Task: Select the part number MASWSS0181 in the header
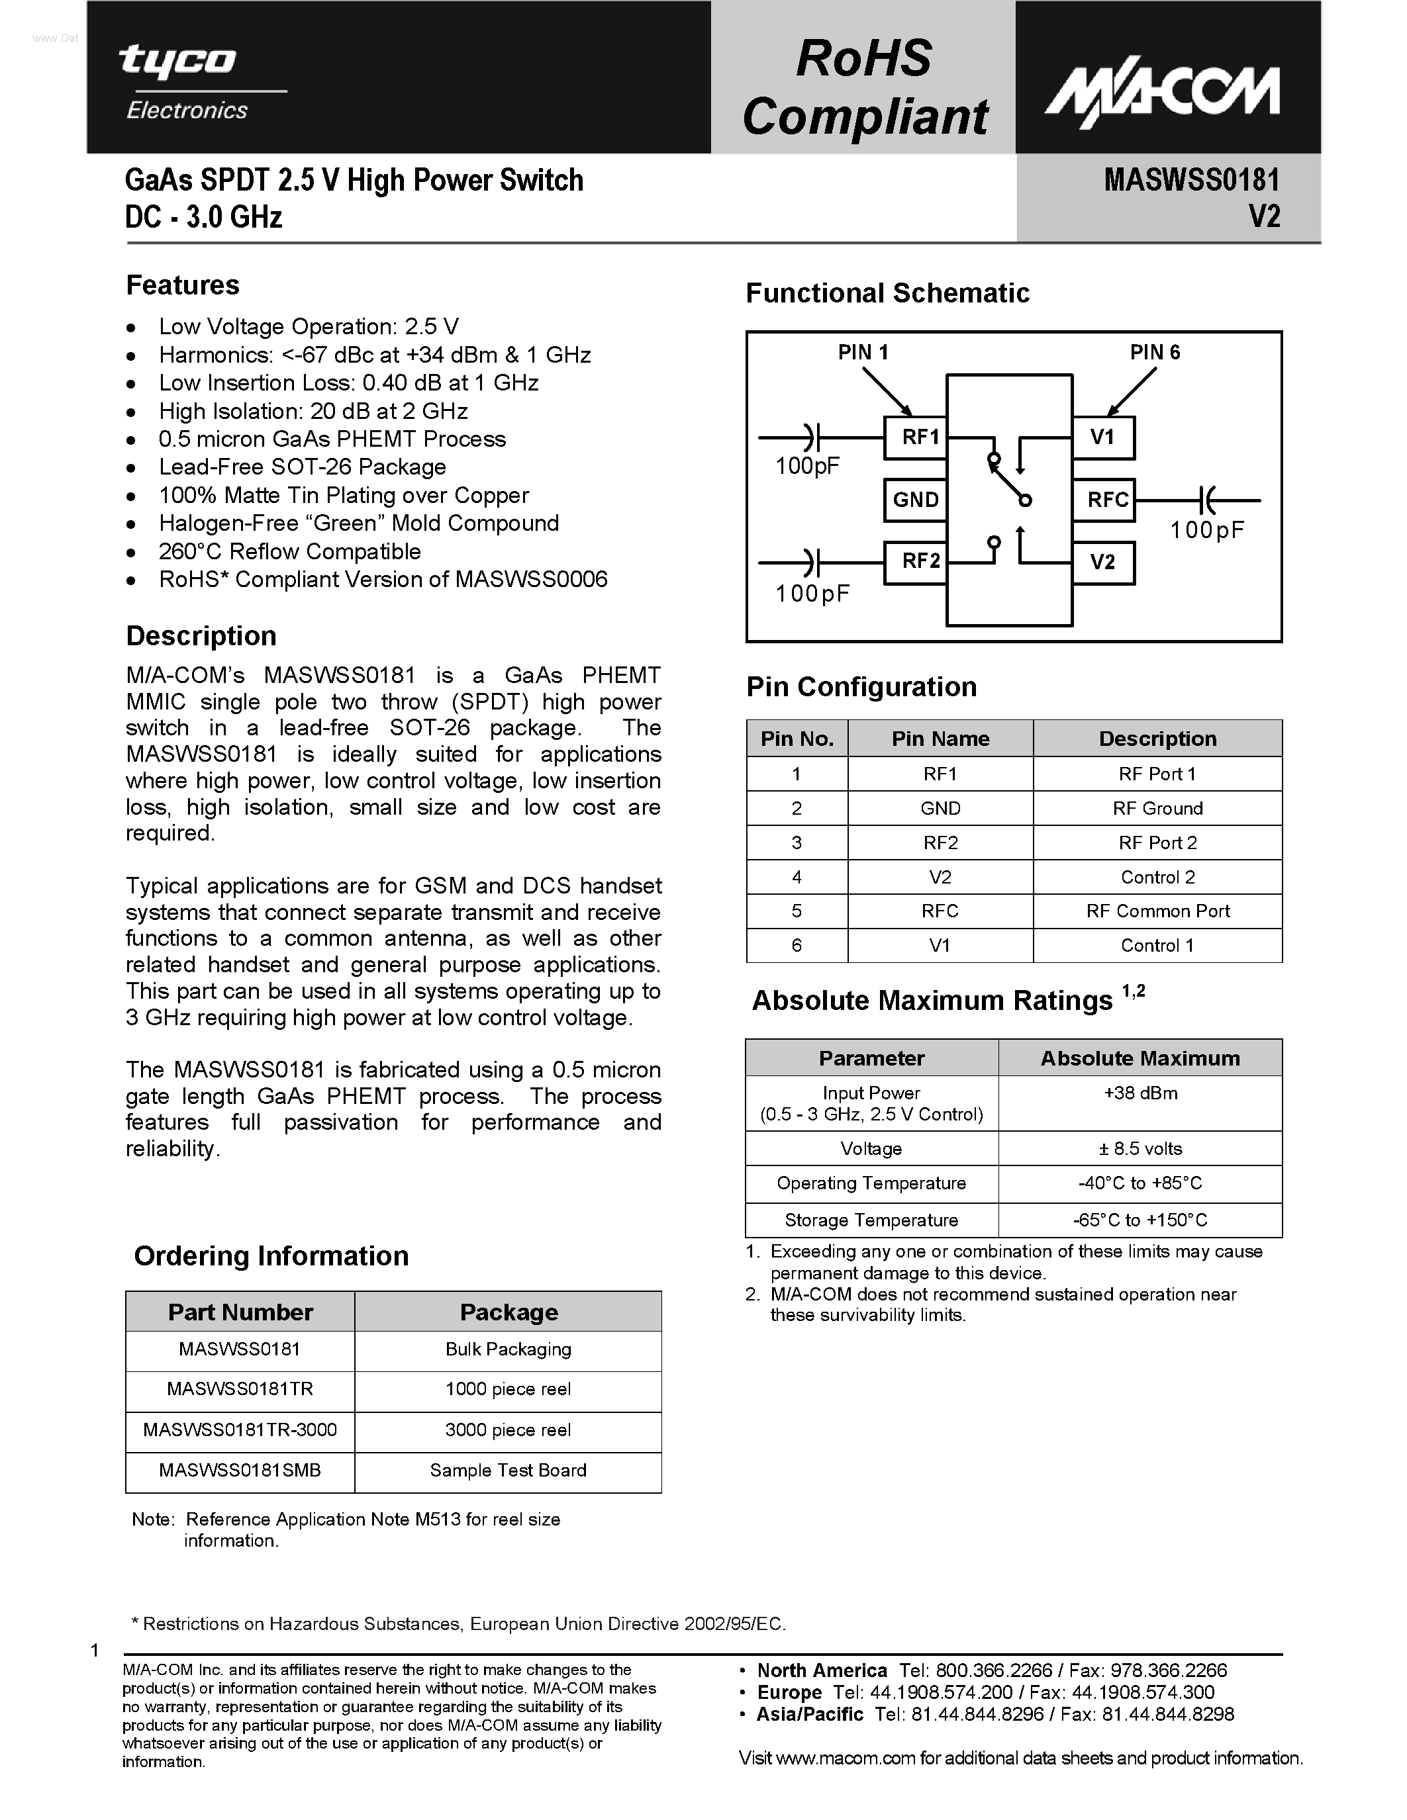pos(1191,180)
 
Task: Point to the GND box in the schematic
pos(915,500)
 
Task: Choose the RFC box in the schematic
pos(1105,500)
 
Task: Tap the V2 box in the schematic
pos(1104,563)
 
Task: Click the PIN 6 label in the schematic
pos(1155,353)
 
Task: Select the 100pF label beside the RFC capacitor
pos(1206,531)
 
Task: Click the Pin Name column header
pos(940,739)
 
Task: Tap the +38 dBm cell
pos(1140,1093)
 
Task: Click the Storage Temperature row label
pos(871,1220)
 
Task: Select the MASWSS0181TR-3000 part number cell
pos(240,1430)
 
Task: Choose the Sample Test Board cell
pos(508,1471)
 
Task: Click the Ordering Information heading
pos(271,1256)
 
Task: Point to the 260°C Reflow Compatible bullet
pos(289,552)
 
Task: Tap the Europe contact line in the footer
pos(985,1692)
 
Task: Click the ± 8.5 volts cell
pos(1140,1148)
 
